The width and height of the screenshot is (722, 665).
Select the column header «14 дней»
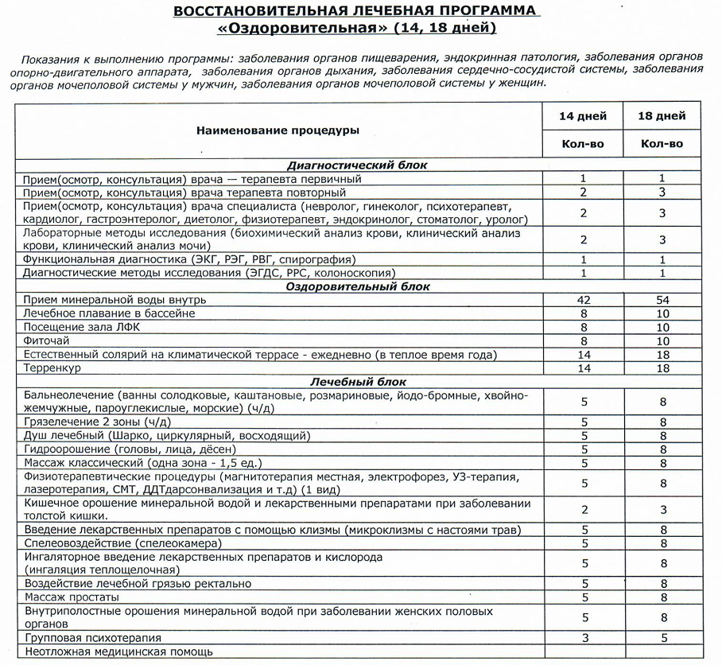point(583,116)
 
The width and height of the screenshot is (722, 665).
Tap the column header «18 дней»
point(662,116)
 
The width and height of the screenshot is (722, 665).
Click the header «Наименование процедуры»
point(278,130)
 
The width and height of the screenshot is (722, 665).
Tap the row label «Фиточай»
point(46,341)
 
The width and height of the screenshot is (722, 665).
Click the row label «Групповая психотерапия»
point(92,638)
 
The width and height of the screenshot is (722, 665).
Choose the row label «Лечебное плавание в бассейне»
point(109,314)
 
